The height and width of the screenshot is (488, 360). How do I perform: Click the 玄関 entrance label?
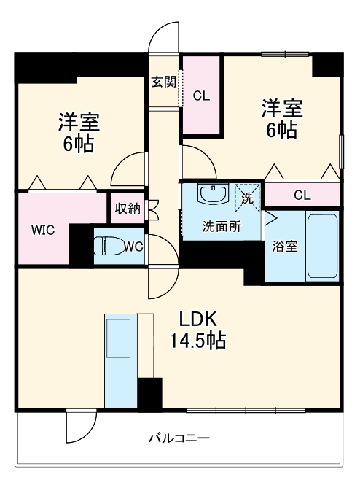[164, 82]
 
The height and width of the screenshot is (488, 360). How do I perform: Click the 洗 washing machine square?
[248, 198]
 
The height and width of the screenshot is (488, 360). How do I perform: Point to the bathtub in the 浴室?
[321, 245]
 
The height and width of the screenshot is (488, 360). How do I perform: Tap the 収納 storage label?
[128, 209]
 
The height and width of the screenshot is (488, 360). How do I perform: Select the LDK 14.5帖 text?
[197, 330]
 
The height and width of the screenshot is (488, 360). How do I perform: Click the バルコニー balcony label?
[179, 438]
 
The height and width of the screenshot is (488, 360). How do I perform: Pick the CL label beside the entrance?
[201, 96]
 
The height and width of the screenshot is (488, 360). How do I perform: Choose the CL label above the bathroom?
[302, 195]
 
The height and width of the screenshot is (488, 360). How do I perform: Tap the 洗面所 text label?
[221, 226]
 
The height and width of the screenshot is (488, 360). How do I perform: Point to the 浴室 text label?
[285, 246]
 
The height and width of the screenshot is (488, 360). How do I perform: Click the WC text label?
[133, 247]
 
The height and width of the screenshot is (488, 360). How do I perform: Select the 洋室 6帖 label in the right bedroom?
[281, 120]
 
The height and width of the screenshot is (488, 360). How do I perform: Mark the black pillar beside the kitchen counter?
[150, 395]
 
